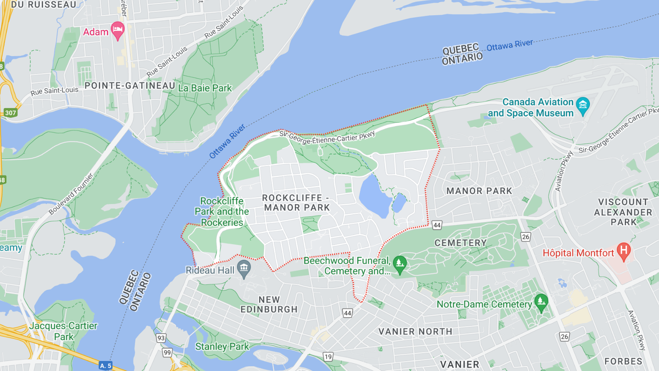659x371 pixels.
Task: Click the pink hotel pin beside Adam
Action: [117, 30]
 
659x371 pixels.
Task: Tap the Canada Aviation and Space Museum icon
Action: [583, 105]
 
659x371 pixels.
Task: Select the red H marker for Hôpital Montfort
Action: [623, 251]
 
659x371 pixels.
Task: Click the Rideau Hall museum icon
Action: [244, 267]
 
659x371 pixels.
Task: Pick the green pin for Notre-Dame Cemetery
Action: [541, 302]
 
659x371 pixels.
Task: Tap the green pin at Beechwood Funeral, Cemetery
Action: [399, 264]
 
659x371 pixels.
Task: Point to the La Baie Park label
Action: [205, 88]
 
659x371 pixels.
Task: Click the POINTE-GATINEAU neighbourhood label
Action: [130, 86]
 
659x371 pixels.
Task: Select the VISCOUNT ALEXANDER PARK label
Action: [623, 212]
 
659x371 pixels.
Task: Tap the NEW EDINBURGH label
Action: [269, 304]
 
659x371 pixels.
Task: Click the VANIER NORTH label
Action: [415, 331]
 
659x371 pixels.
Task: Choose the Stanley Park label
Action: [222, 346]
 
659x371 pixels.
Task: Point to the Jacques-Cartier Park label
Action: [63, 331]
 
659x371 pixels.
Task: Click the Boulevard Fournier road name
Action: [71, 194]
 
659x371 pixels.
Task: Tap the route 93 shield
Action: [161, 338]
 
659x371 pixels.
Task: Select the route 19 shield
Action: [328, 357]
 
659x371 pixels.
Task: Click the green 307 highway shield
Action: [11, 113]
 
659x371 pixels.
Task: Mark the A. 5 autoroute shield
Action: [105, 366]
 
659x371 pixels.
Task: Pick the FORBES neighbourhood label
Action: [623, 361]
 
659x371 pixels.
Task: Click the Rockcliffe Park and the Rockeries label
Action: [222, 212]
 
